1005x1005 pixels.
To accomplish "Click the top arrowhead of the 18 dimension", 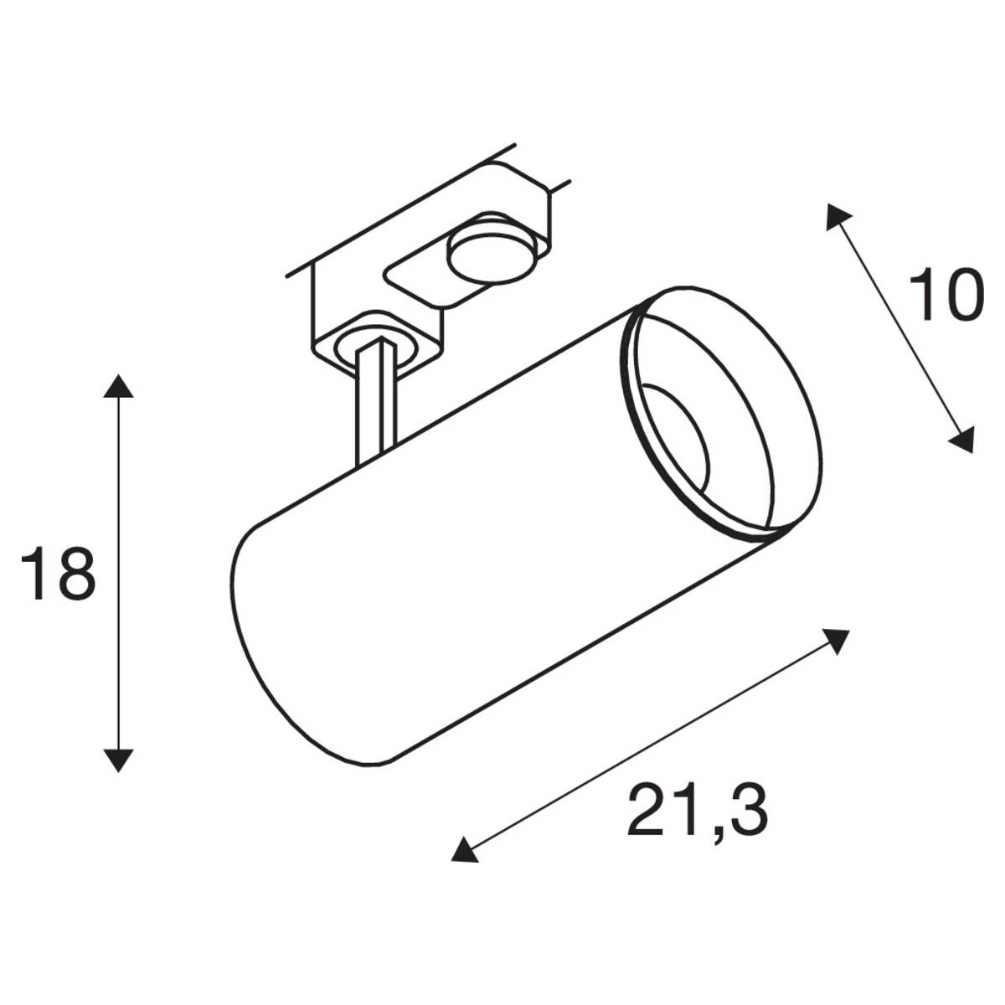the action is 118,385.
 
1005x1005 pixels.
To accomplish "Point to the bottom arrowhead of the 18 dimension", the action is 118,760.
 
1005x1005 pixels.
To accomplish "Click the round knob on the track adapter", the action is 492,255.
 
